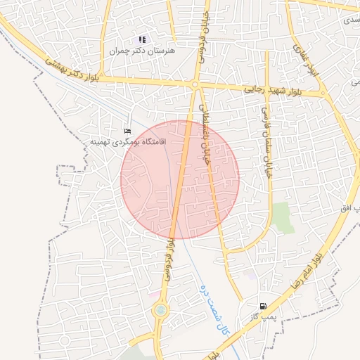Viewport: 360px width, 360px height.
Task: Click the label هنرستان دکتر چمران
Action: point(142,51)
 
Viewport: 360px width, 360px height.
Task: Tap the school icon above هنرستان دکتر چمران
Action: point(142,39)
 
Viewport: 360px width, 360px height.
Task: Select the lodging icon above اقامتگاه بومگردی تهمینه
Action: point(127,131)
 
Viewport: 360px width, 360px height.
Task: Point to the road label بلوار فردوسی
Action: point(169,260)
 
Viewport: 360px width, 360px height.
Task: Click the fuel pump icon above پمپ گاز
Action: point(263,307)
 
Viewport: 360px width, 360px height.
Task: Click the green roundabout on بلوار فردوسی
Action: point(161,309)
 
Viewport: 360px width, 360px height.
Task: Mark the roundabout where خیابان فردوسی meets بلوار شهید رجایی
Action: point(195,84)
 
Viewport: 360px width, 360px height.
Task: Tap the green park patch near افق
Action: point(283,217)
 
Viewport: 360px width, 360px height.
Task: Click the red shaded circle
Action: point(180,179)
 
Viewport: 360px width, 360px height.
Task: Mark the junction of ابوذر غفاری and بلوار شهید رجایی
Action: point(322,93)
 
